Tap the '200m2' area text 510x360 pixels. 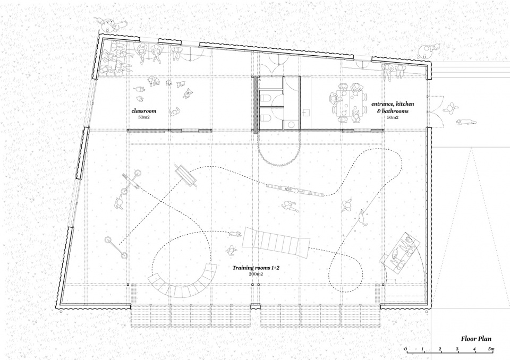point(256,274)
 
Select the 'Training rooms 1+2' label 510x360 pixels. point(256,268)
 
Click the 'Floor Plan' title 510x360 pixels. point(476,339)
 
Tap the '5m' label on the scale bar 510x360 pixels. point(491,349)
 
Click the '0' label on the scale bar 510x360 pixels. point(405,349)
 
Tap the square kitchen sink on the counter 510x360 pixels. point(306,113)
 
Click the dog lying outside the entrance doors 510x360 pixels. point(466,122)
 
